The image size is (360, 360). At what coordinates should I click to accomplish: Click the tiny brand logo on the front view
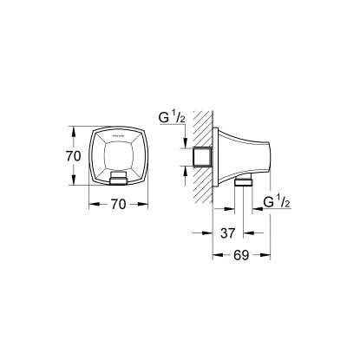(116, 134)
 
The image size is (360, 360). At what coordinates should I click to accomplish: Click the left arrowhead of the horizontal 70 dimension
(89, 206)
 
